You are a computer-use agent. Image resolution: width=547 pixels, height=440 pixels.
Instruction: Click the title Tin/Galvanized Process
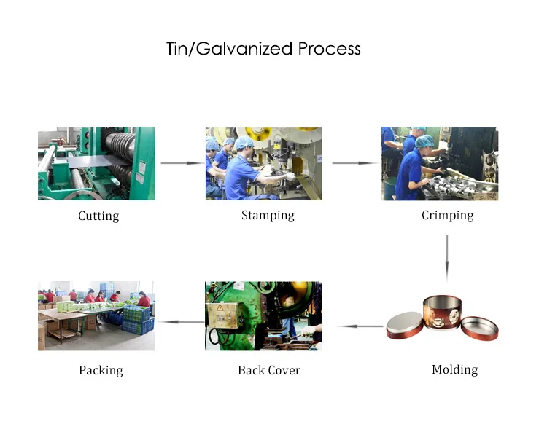tap(263, 49)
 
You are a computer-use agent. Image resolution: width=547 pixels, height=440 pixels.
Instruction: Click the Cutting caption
tap(98, 216)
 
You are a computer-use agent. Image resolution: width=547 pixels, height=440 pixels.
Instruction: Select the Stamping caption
tap(268, 215)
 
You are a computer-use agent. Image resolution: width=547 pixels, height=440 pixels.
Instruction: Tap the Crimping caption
tap(447, 215)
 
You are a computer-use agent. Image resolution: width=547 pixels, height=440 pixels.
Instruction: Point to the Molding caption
tap(454, 369)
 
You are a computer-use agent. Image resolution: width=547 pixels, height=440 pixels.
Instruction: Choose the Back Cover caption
tap(268, 370)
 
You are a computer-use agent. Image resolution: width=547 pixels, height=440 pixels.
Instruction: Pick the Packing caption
tap(101, 370)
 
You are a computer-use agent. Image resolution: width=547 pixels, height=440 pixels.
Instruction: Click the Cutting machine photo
tap(96, 163)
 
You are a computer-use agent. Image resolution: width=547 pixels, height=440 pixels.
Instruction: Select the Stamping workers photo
tap(263, 163)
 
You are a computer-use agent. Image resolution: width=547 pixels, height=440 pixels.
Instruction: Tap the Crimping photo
tap(440, 163)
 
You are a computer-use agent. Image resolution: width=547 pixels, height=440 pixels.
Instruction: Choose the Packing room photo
tap(96, 316)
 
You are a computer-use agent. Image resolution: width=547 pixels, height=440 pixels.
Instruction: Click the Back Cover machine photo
tap(263, 316)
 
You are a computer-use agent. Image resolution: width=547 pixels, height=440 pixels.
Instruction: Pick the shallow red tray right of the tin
tap(478, 326)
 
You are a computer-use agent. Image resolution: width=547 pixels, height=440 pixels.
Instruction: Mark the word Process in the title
tap(329, 49)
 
